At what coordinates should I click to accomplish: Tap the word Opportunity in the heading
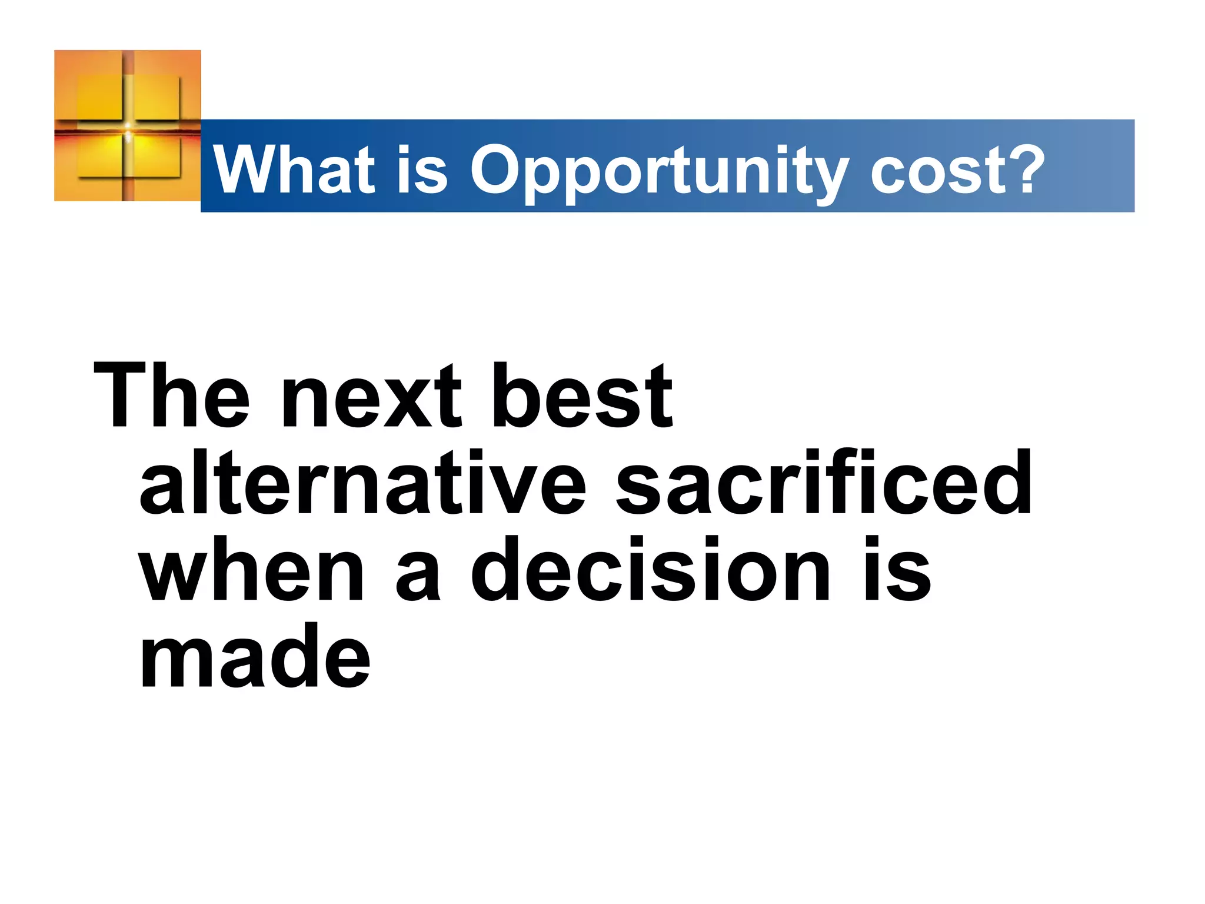tap(659, 172)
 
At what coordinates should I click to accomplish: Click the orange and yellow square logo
tap(128, 125)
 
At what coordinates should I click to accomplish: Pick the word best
tap(582, 395)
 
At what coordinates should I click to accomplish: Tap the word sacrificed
tap(824, 482)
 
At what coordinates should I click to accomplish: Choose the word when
tap(252, 569)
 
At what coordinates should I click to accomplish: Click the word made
tap(255, 656)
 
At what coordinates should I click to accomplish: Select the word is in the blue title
tap(422, 170)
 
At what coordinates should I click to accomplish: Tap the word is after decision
tap(898, 569)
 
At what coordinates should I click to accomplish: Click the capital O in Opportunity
tap(495, 170)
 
